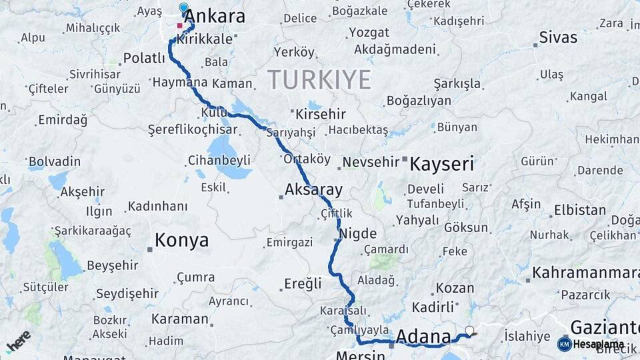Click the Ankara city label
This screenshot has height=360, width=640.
tap(214, 16)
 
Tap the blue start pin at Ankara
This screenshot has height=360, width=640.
tap(184, 8)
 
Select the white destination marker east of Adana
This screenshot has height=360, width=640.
tap(470, 330)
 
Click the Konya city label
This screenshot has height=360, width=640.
tap(181, 240)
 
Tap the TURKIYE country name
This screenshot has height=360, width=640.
tap(319, 80)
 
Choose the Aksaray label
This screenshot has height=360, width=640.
tap(313, 190)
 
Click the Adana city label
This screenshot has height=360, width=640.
tap(423, 338)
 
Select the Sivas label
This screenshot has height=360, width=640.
tap(558, 37)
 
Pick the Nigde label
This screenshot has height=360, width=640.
tap(358, 234)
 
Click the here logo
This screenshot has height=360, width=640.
tap(19, 341)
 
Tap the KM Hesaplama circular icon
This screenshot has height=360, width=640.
tap(565, 344)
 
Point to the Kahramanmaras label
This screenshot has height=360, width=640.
tap(586, 273)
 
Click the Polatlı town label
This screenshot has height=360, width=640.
tap(144, 59)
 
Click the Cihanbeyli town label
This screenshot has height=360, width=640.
tap(219, 160)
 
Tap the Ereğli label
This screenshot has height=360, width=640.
tap(303, 284)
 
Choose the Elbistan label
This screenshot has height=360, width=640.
tap(580, 211)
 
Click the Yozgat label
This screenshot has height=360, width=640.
tap(369, 32)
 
